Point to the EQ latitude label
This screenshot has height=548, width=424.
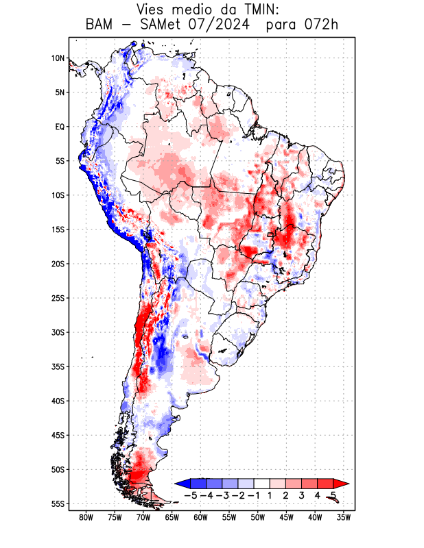(x=60, y=127)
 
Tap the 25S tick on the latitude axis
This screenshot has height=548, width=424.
(x=58, y=298)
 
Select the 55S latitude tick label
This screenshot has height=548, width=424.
(x=58, y=503)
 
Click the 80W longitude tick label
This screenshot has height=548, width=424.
(x=86, y=517)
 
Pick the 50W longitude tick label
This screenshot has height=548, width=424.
(x=257, y=517)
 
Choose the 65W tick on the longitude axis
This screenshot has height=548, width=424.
(x=172, y=517)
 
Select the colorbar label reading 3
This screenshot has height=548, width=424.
(x=301, y=495)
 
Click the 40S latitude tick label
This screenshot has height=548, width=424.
(x=58, y=401)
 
